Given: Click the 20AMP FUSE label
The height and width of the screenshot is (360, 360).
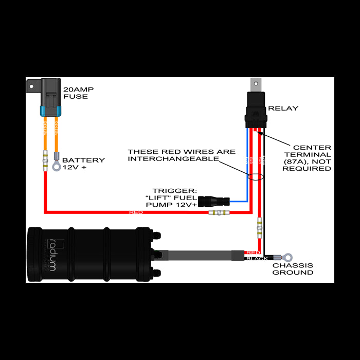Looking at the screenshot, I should click(78, 93).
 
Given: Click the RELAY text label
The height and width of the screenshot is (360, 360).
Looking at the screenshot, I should click(283, 109).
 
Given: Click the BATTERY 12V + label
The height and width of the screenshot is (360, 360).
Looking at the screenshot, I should click(83, 164).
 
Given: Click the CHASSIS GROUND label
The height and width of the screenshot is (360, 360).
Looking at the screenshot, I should click(293, 269).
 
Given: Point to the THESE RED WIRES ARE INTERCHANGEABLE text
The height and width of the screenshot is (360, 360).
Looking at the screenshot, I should click(182, 155).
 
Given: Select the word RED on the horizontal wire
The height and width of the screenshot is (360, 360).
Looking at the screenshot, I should click(136, 212).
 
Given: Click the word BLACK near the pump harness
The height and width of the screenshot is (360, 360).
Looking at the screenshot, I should click(256, 258).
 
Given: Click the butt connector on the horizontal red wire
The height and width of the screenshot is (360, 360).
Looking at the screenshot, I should click(220, 212).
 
